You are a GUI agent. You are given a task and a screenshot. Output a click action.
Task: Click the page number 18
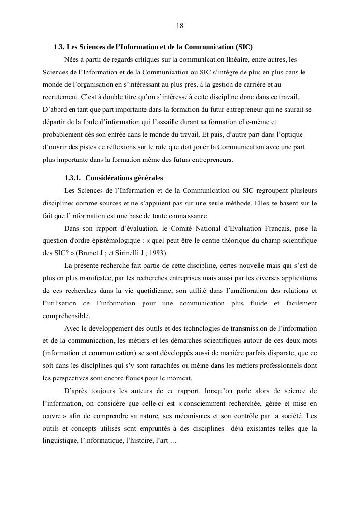pos(180,26)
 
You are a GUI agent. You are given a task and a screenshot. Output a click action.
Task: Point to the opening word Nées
pos(72,60)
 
